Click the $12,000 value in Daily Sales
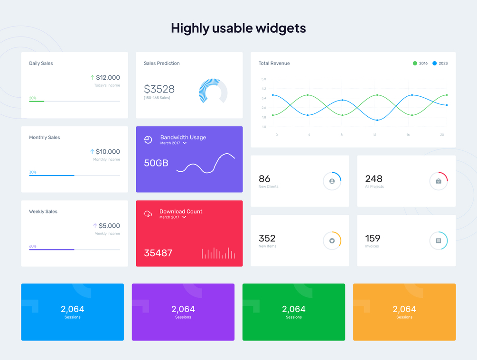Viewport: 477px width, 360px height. (x=108, y=77)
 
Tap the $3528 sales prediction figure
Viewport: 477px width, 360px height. (x=159, y=89)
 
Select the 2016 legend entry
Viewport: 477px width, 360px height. (x=420, y=63)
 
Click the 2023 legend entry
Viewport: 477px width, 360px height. (x=440, y=63)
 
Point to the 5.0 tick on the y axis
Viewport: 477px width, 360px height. (x=264, y=79)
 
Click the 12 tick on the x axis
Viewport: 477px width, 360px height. (x=374, y=135)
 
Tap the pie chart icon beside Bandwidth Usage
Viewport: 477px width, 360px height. (x=148, y=139)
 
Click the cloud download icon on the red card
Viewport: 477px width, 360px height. (x=148, y=214)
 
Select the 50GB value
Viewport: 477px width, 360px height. (x=156, y=163)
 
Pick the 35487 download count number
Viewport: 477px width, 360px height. (x=158, y=253)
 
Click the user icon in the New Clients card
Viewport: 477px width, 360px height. (x=332, y=181)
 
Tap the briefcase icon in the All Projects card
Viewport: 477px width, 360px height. (x=439, y=181)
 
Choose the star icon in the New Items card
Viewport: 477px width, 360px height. (x=332, y=241)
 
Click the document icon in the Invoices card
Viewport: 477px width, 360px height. (x=439, y=241)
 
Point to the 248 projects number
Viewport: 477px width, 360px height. (x=374, y=179)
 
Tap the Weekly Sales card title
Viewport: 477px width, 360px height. (x=43, y=212)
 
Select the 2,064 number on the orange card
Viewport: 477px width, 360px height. (x=404, y=309)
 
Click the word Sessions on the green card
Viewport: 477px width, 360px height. (x=294, y=317)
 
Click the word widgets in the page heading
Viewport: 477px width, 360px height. (x=281, y=28)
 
